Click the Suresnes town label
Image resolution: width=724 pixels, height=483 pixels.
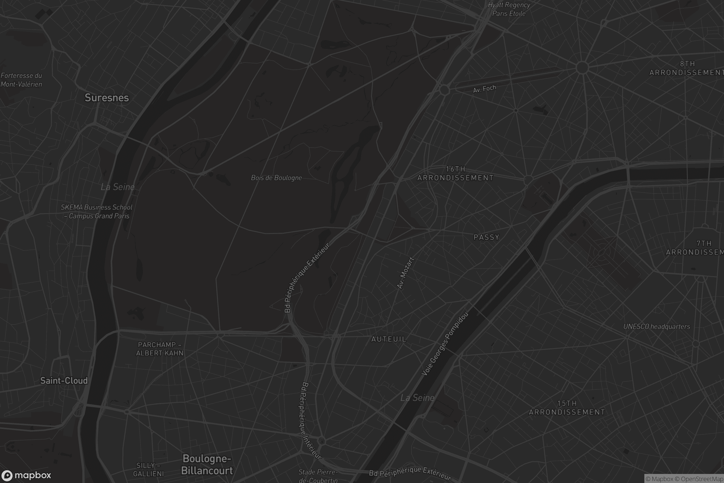(x=106, y=98)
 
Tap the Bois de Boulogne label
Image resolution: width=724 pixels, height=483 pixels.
(x=276, y=178)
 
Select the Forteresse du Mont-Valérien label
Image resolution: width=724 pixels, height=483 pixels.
(x=21, y=80)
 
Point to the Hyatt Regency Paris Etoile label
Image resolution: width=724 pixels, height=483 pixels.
(x=509, y=9)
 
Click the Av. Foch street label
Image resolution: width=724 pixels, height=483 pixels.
(x=484, y=89)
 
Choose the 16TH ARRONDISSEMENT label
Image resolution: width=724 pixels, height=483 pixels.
(x=455, y=173)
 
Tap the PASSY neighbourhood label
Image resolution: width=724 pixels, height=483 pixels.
(x=486, y=237)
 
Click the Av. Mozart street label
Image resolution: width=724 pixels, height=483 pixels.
(x=405, y=273)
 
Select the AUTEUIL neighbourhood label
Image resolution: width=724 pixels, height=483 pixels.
(x=389, y=339)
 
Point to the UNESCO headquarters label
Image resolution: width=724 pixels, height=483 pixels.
(x=656, y=327)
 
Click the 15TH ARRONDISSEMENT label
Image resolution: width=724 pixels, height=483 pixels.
(x=567, y=408)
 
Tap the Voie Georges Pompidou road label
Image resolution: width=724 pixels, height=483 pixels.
(x=444, y=344)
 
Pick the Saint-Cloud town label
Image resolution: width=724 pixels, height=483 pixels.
(x=64, y=381)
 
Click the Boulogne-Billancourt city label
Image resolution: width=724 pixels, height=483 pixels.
(x=207, y=465)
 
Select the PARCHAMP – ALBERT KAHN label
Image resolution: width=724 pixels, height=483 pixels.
(x=160, y=349)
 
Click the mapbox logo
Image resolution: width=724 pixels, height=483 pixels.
(x=26, y=475)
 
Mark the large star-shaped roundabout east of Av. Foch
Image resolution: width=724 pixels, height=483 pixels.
(x=582, y=67)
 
